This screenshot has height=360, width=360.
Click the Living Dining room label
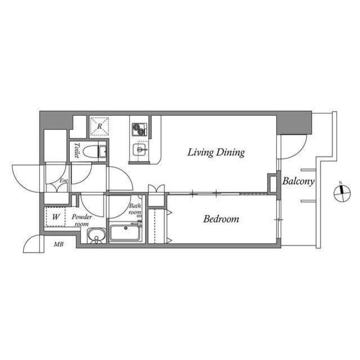[x=216, y=152]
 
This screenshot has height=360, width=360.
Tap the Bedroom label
[x=221, y=219]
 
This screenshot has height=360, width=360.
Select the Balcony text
[x=298, y=182]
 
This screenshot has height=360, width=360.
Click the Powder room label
[x=82, y=220]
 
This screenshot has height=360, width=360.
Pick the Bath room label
[x=135, y=209]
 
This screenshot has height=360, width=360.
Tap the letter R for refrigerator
[x=100, y=127]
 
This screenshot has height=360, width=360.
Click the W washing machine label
[x=56, y=217]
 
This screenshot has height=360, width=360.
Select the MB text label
[x=58, y=244]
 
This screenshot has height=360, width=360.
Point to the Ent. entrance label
[x=64, y=181]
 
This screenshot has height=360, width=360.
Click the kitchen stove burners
[x=138, y=129]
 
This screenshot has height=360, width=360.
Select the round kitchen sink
[x=139, y=150]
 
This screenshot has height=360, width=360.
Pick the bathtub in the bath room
[x=125, y=232]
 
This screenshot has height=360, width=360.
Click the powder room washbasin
[x=96, y=236]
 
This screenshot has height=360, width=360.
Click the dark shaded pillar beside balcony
[x=294, y=123]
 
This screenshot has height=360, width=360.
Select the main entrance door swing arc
[x=27, y=178]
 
